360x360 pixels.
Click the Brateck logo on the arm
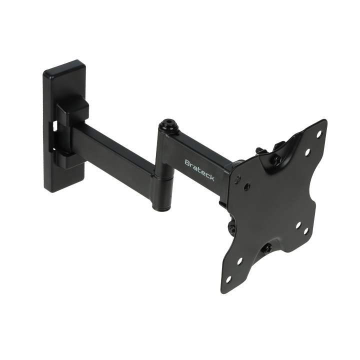pos(199,170)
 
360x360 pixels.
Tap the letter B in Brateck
pos(187,162)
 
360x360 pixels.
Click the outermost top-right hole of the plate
pos(318,134)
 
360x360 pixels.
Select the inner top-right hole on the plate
pos(307,152)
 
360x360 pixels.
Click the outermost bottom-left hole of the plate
pos(228,279)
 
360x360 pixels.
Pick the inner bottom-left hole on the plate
pos(239,261)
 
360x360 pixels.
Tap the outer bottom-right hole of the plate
pos(306,231)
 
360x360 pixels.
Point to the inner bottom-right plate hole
pos(298,225)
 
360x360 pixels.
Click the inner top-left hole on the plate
pos(247,185)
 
